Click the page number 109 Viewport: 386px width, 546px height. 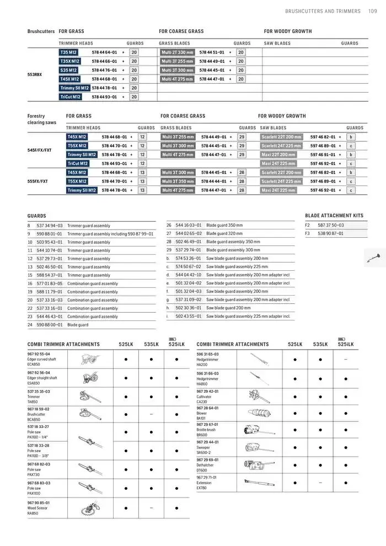click(372, 11)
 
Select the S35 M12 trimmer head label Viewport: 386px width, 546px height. click(68, 70)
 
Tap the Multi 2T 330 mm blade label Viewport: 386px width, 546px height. click(178, 52)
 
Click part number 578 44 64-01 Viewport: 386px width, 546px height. click(104, 52)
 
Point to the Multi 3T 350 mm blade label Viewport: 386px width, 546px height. click(178, 181)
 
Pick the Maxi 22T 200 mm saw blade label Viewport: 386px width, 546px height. click(281, 154)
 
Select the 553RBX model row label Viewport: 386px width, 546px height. click(34, 74)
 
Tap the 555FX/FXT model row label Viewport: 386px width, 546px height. click(37, 181)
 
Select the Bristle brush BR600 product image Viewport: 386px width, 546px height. click(255, 430)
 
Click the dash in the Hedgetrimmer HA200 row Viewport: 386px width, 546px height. click(345, 359)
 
